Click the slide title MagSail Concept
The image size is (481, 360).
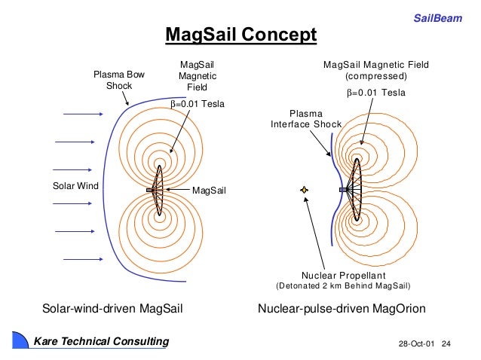(240, 35)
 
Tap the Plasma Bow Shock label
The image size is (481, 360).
(118, 81)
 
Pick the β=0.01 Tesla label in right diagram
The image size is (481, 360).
(375, 93)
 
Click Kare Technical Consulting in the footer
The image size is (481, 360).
(101, 342)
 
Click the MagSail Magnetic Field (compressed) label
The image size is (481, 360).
(375, 71)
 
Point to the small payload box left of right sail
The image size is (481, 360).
(344, 190)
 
